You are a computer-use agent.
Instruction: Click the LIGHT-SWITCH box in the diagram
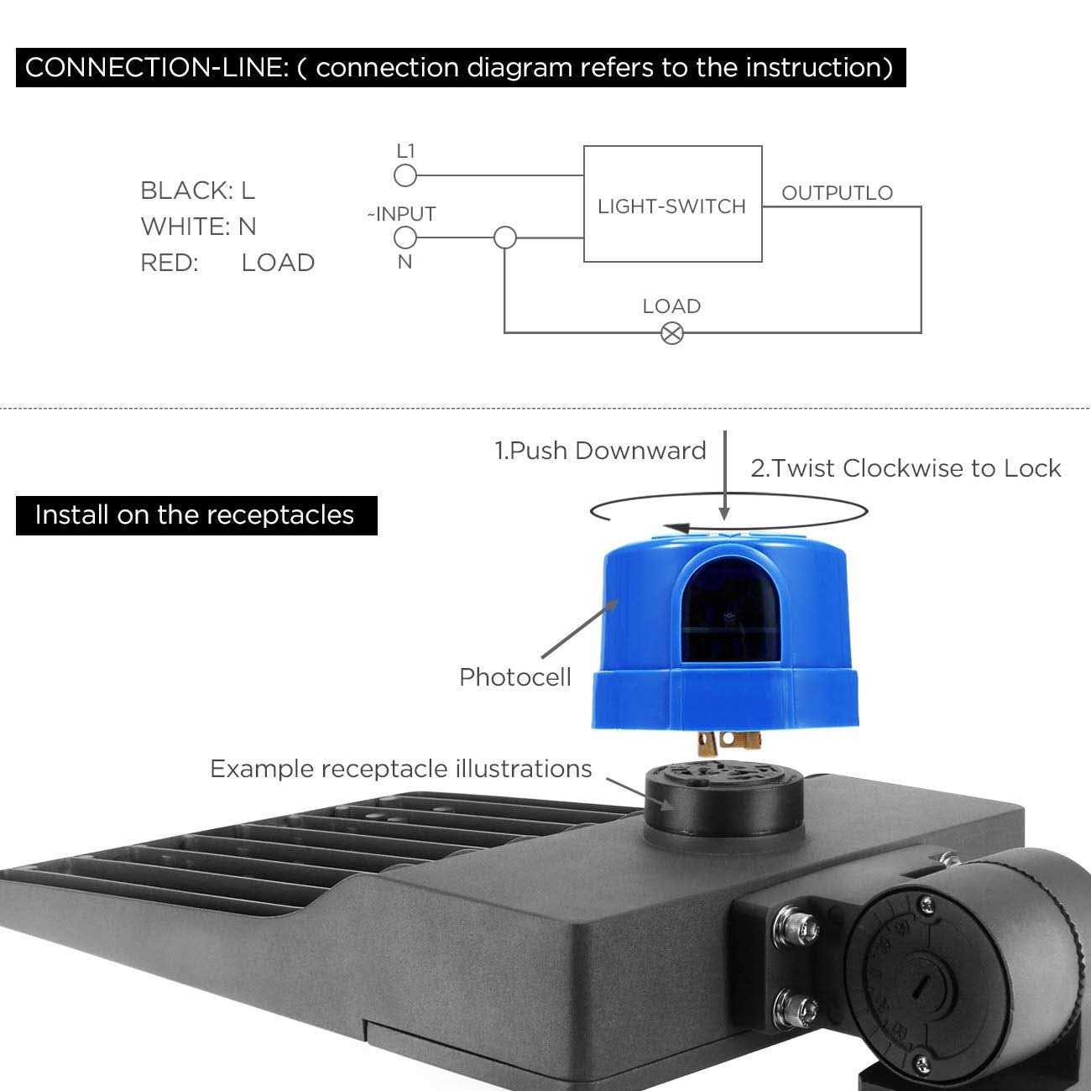(x=672, y=205)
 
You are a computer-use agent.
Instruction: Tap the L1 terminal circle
(x=405, y=175)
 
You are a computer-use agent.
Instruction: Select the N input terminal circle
(x=405, y=238)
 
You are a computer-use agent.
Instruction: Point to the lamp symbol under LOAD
(x=672, y=333)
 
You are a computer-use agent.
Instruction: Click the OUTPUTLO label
(x=837, y=193)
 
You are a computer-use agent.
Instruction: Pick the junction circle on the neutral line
(x=504, y=238)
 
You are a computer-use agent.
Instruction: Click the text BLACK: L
(x=197, y=191)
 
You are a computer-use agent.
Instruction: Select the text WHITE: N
(x=198, y=227)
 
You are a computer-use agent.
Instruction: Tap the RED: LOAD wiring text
(x=227, y=263)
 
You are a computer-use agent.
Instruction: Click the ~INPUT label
(x=401, y=214)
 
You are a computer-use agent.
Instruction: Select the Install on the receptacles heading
(x=196, y=514)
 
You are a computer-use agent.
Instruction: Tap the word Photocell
(x=514, y=677)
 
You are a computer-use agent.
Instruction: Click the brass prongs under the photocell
(x=726, y=740)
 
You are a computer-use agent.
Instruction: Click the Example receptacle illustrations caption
(x=400, y=769)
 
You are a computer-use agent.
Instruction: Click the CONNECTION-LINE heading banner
(x=460, y=67)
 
